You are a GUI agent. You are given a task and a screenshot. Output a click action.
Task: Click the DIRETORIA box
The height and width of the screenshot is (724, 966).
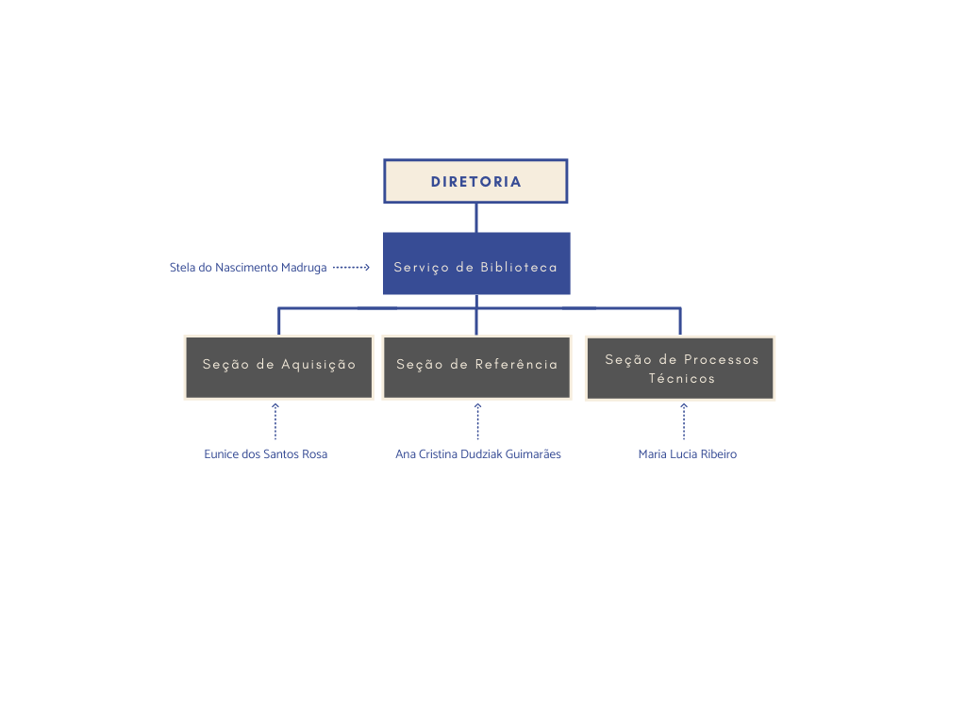pos(475,181)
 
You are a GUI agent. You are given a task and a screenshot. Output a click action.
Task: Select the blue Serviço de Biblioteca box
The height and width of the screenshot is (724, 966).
pos(476,264)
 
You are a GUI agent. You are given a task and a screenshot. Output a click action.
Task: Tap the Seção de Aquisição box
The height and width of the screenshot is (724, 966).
pos(279,367)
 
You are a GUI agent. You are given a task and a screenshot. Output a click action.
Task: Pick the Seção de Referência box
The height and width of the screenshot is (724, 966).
pos(476,367)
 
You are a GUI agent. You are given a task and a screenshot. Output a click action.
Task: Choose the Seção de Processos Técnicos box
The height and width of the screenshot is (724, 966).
pos(680,369)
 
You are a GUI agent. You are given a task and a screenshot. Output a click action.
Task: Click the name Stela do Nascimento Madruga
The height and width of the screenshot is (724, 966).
pos(248,268)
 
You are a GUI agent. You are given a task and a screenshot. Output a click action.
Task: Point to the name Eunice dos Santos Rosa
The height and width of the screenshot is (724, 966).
pos(265,454)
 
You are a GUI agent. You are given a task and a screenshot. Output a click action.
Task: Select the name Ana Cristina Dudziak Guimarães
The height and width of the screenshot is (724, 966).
pos(478,454)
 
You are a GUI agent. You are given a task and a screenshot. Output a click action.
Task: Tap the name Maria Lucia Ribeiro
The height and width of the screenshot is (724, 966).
pos(688,454)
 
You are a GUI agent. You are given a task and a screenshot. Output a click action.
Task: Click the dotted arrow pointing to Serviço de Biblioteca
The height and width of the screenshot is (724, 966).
pos(351,267)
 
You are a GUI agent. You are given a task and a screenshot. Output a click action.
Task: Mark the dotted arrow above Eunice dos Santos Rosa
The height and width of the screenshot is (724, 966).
pos(275,421)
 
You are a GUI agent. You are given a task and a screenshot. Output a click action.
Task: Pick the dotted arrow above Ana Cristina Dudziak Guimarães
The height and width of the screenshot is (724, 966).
pos(477,421)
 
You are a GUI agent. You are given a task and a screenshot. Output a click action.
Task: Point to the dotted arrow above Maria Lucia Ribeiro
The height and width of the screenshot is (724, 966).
pos(684,421)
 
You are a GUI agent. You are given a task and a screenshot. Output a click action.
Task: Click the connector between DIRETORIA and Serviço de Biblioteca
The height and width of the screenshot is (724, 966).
pos(476,218)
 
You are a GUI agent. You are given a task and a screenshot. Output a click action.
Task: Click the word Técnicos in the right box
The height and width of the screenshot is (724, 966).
pos(681,379)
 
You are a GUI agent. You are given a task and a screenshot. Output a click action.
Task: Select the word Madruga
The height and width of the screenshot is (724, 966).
pos(304,268)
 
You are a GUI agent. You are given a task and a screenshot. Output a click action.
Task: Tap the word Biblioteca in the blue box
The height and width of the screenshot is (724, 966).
pos(519,267)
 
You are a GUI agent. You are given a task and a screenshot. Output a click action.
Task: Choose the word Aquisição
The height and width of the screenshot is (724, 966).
pos(319,365)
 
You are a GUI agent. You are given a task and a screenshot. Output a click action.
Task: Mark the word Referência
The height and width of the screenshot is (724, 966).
pos(516,364)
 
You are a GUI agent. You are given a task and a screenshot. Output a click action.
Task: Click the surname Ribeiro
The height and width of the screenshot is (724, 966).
pos(718,454)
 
